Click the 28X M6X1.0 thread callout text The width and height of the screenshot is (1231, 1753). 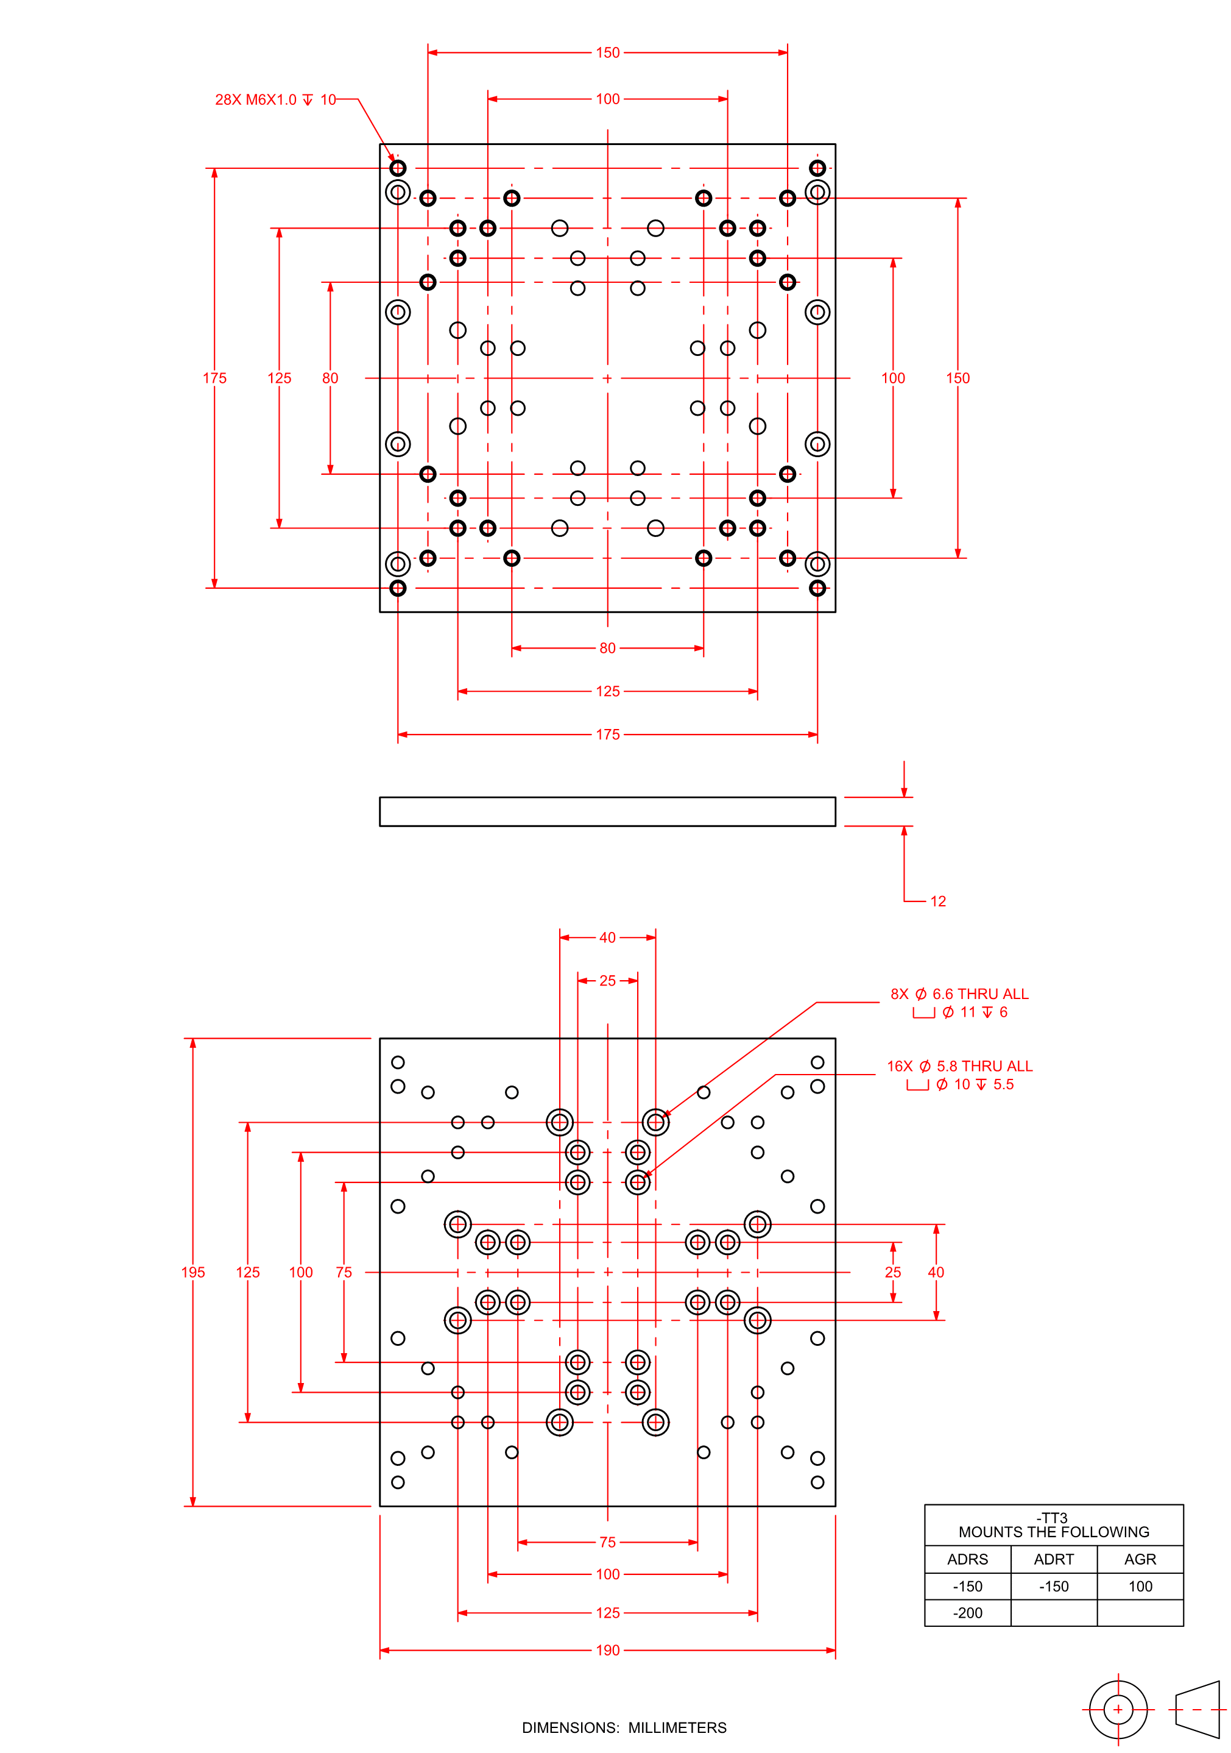(275, 100)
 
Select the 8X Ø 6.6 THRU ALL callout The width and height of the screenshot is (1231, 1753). (959, 994)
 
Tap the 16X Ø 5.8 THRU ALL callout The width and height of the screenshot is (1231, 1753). (959, 1067)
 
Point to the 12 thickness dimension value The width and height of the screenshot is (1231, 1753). (938, 901)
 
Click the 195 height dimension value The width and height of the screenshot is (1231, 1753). (193, 1273)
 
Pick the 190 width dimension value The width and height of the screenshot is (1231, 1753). (607, 1651)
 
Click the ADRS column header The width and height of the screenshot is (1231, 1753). (967, 1560)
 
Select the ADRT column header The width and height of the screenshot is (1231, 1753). (1053, 1560)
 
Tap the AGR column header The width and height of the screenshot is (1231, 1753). (1140, 1560)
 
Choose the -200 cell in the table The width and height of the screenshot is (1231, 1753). (967, 1613)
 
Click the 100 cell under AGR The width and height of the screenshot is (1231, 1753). (1140, 1587)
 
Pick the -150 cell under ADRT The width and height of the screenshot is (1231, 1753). (1053, 1587)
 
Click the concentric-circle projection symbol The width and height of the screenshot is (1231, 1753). (1118, 1710)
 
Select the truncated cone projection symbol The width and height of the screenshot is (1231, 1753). (1198, 1710)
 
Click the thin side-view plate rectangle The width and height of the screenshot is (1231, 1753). (607, 812)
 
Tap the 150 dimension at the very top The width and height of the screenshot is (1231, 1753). (607, 52)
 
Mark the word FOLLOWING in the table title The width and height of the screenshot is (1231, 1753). (1111, 1532)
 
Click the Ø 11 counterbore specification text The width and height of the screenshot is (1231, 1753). (960, 1012)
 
